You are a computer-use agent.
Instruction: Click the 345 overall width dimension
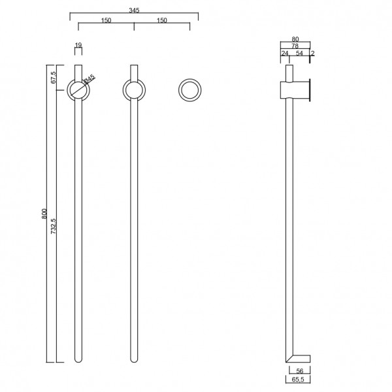coord(134,10)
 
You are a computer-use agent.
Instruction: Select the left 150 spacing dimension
coord(106,20)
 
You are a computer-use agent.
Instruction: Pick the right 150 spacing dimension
coord(162,20)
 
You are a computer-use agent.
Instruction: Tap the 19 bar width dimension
coord(78,45)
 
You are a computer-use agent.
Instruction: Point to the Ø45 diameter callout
coord(89,78)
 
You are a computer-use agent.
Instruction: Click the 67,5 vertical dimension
coord(54,77)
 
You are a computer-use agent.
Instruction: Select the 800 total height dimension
coord(44,214)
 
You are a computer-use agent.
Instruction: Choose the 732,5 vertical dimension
coord(54,226)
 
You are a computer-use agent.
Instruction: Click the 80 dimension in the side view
coord(295,39)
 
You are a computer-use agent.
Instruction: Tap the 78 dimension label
coord(295,46)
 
